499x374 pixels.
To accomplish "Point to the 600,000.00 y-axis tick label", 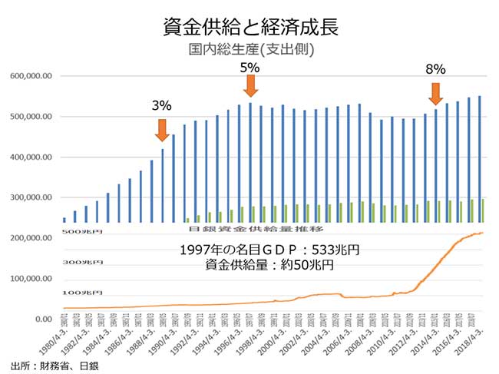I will point(31,76).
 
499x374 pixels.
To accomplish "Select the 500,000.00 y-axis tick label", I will point(31,117).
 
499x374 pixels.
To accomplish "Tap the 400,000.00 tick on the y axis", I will point(31,157).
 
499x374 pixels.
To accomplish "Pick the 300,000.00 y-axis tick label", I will point(31,197).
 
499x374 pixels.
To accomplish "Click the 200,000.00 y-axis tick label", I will point(31,238).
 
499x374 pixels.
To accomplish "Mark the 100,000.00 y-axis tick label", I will point(31,278).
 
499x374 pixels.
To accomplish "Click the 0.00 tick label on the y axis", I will point(42,319).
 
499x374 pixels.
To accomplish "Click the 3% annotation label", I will point(161,105).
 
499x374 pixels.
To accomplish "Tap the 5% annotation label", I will point(250,68).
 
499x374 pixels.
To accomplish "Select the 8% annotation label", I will point(435,70).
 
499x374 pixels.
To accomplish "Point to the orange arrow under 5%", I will point(250,90).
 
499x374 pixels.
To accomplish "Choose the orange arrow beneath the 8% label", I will point(435,93).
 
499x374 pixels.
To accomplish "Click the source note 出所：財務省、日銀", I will point(55,366).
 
